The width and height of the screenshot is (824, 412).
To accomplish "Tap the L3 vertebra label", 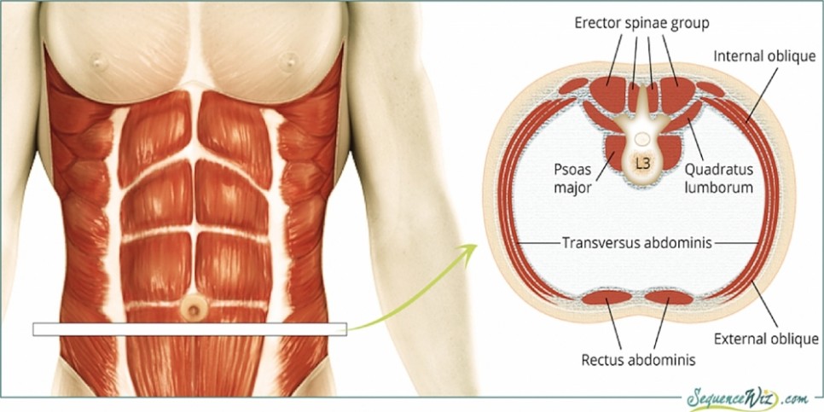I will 641,160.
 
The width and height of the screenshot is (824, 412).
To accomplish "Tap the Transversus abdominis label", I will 635,242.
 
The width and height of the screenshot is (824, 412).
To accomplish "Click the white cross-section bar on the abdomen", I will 189,328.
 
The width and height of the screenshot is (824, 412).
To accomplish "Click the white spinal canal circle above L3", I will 641,137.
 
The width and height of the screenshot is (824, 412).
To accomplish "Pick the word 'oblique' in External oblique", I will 794,339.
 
